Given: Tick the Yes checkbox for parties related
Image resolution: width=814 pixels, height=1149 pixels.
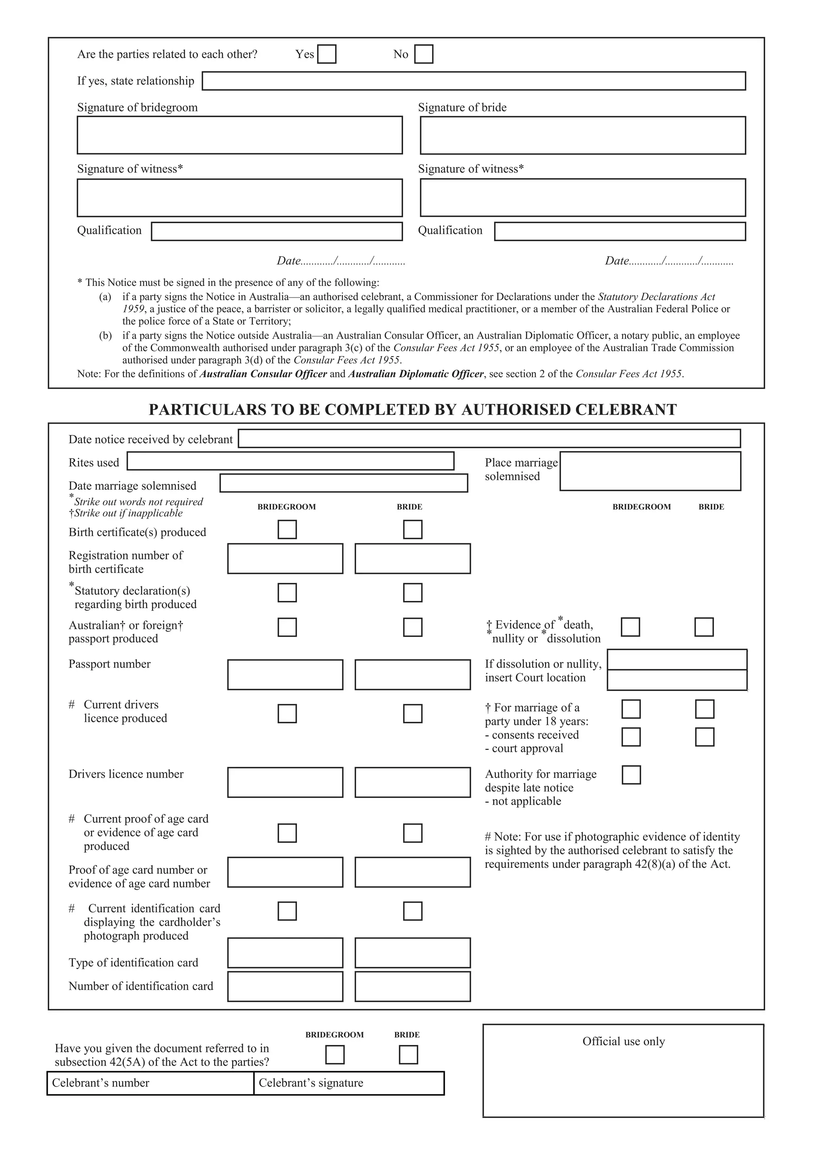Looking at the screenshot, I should [327, 54].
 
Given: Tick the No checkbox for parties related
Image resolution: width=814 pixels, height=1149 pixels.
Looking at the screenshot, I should [424, 54].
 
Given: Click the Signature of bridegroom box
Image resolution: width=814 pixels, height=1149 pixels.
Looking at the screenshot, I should [240, 135].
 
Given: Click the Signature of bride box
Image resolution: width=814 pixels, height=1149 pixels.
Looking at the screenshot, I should [582, 135].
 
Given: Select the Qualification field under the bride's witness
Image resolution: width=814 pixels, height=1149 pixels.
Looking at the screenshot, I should [620, 232].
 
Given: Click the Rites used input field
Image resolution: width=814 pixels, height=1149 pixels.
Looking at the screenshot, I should [290, 461].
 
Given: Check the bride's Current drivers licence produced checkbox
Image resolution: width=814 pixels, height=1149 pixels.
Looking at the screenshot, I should [412, 713].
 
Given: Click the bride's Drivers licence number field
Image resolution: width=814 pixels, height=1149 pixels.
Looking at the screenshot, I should [412, 782].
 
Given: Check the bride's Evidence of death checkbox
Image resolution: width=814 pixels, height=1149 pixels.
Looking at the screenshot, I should [704, 627].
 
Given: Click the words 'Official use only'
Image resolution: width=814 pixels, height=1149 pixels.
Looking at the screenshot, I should [623, 1041].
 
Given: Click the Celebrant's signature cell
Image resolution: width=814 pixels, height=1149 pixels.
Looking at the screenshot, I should [349, 1083].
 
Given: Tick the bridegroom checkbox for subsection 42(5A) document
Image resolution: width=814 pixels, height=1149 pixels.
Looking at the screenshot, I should [335, 1054].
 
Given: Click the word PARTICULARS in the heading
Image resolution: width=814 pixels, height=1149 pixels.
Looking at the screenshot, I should [207, 410].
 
